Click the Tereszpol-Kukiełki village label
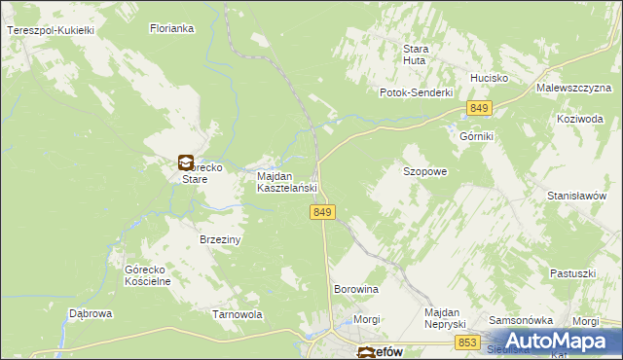pos(50,31)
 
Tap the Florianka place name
pos(172,29)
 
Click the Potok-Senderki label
pos(417,92)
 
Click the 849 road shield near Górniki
pos(478,107)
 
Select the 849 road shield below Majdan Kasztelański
pos(325,212)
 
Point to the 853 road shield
pos(467,342)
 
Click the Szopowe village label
pos(425,171)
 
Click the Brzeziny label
pos(220,238)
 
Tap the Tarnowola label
pos(238,314)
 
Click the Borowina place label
pos(355,290)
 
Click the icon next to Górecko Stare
pos(185,162)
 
